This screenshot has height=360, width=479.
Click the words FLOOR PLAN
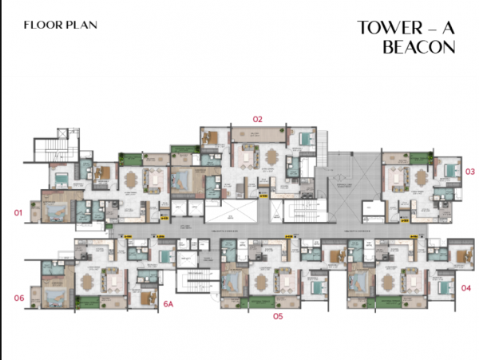[61, 25]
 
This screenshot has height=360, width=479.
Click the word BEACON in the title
[419, 47]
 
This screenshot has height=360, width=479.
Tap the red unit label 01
[18, 213]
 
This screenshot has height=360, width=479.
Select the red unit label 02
[257, 119]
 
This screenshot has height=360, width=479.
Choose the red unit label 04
[466, 287]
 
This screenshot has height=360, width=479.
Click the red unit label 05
[277, 316]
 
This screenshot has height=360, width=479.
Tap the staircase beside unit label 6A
[193, 282]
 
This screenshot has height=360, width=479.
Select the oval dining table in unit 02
[271, 156]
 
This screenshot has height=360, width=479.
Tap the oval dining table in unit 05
[263, 279]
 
